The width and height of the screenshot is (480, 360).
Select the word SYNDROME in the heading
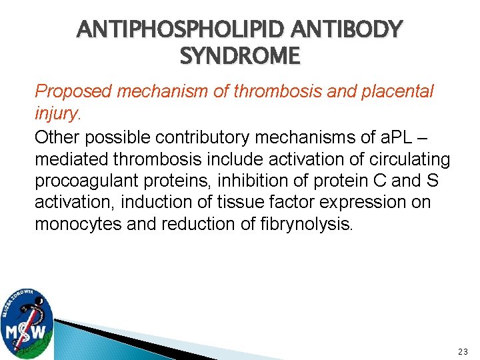(x=240, y=57)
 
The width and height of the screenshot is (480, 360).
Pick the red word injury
(x=56, y=114)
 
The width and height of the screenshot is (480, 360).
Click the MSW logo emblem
(x=27, y=323)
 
